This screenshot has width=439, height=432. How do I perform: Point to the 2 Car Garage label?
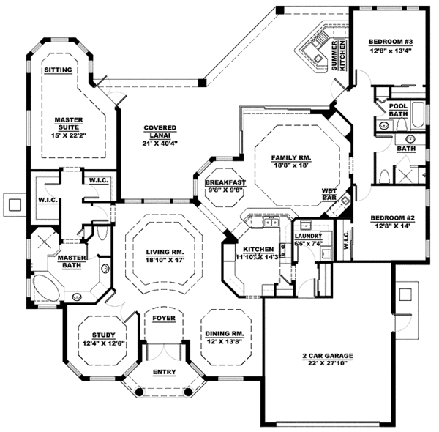point(328,356)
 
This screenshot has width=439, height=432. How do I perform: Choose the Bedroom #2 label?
point(391,218)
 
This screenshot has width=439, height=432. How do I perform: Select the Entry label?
point(164,372)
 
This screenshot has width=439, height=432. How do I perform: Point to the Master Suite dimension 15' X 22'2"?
point(69,135)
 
